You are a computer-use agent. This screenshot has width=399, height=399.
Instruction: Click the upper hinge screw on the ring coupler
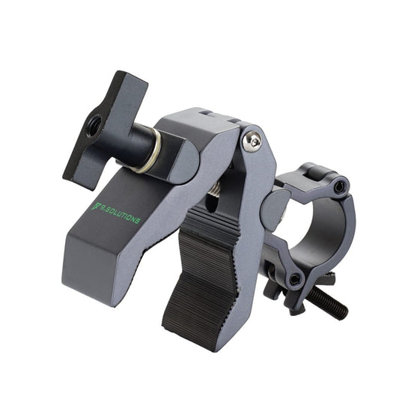(x=341, y=186)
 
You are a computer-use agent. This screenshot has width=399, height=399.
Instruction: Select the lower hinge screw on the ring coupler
(x=295, y=278)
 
